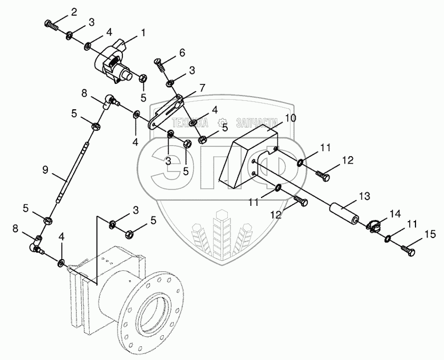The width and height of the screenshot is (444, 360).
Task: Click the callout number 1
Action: (143, 33)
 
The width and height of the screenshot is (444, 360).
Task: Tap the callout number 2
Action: (74, 12)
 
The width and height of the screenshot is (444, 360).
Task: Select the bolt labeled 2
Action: (51, 25)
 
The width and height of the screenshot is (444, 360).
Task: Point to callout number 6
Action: (182, 52)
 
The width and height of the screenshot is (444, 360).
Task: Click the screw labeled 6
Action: (160, 65)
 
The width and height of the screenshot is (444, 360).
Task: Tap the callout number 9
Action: (45, 170)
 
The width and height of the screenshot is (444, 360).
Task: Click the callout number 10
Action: (289, 117)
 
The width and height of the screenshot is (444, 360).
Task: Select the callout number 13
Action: (365, 196)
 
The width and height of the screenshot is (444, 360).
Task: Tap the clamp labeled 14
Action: (374, 224)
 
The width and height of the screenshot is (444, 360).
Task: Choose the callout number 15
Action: (430, 235)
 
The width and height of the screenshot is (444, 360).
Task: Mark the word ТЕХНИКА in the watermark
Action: (190, 123)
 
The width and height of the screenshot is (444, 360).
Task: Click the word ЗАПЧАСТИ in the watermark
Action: (256, 123)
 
